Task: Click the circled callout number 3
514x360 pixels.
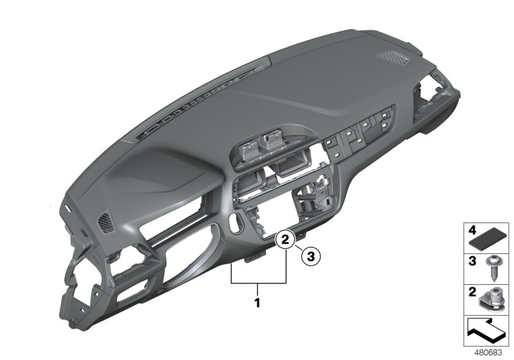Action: [310, 256]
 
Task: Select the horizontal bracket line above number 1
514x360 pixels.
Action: [258, 283]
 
